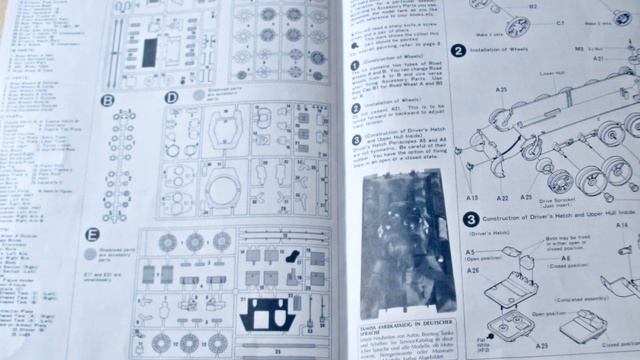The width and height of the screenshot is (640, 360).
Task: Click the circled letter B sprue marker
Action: pyautogui.click(x=107, y=101)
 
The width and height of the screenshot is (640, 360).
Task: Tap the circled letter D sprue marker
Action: pyautogui.click(x=171, y=98)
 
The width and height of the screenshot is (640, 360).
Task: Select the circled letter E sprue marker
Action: pyautogui.click(x=93, y=235)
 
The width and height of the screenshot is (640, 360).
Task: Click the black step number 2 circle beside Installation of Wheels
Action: pyautogui.click(x=458, y=51)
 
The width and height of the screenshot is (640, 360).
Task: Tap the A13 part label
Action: pyautogui.click(x=472, y=199)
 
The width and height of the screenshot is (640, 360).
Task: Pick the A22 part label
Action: pyautogui.click(x=501, y=199)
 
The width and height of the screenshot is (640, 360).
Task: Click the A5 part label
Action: pyautogui.click(x=469, y=252)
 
